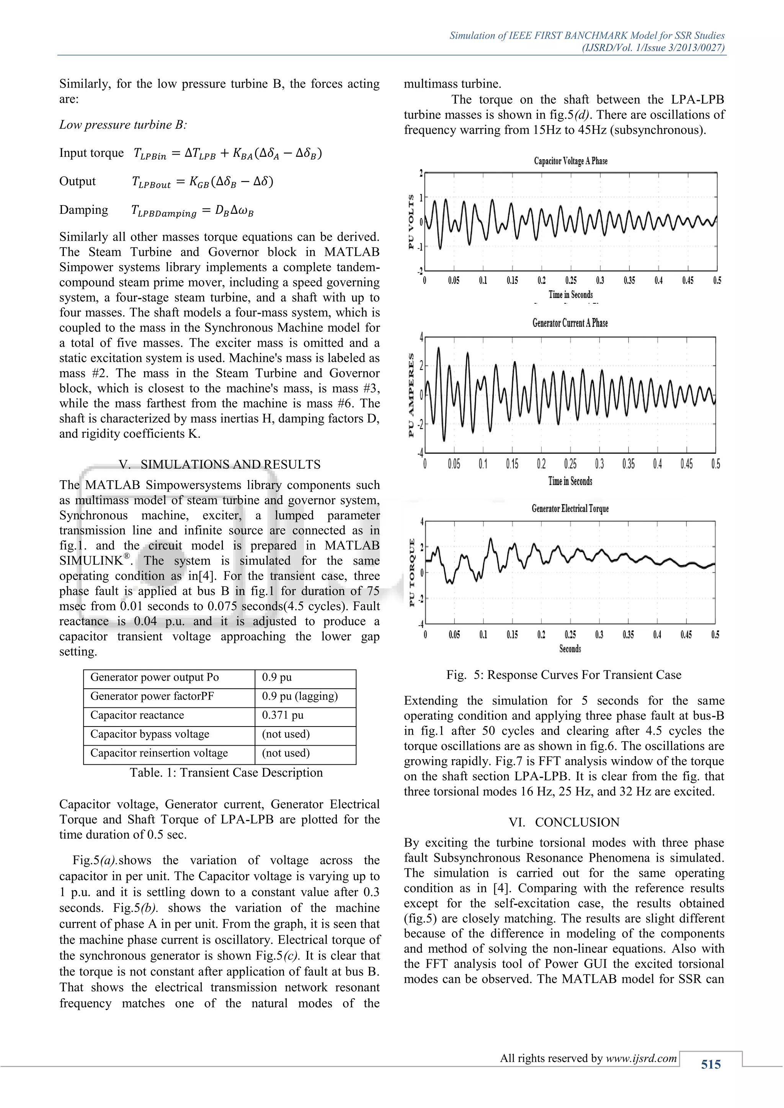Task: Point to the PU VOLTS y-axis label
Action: [x=411, y=222]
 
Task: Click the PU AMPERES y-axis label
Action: [x=411, y=395]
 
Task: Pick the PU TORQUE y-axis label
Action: [x=411, y=573]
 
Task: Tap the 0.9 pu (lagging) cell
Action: [x=300, y=696]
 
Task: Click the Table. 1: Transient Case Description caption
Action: [x=226, y=772]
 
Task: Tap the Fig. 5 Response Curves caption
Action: [x=563, y=675]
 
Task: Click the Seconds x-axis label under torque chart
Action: [x=570, y=649]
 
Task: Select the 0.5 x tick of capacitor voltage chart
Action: [x=717, y=280]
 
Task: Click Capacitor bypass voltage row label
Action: [x=150, y=734]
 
